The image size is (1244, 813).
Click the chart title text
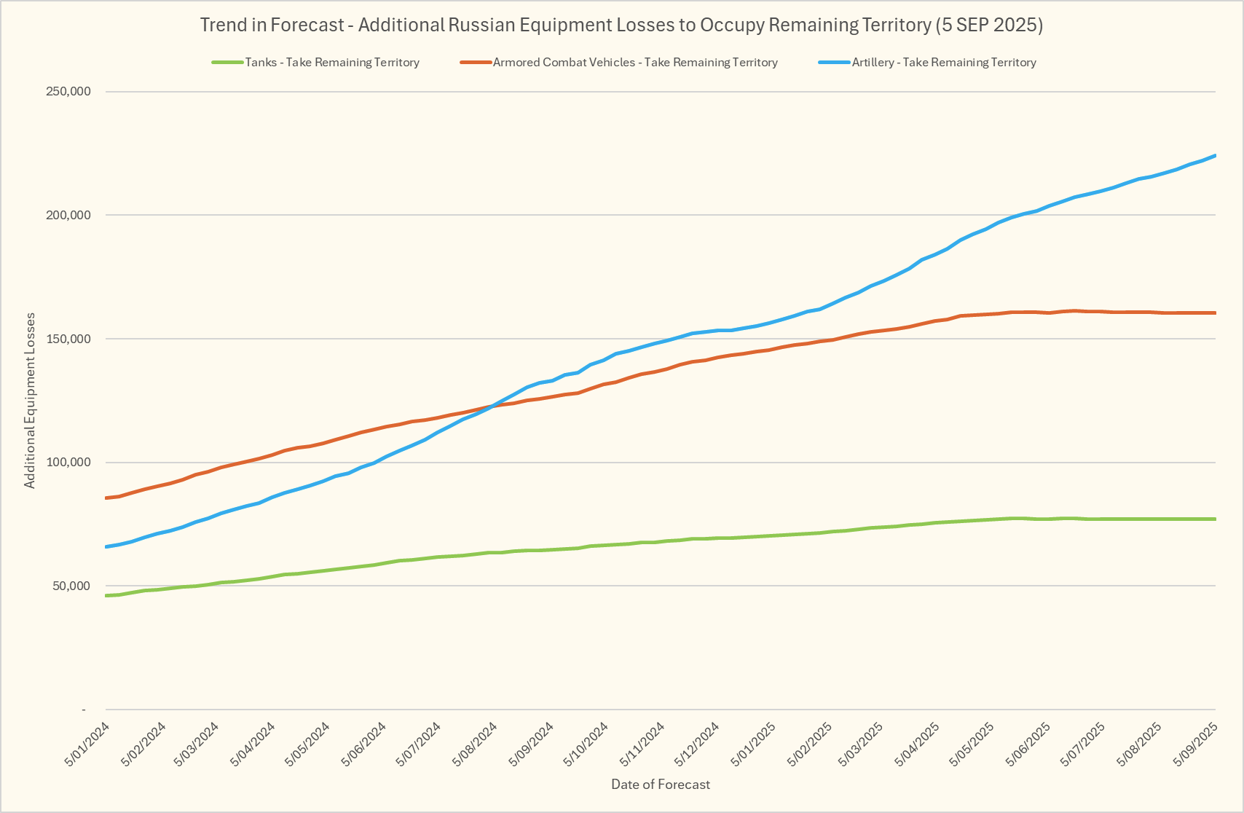(621, 25)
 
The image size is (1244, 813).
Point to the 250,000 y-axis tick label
(68, 91)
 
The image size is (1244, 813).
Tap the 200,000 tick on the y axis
(68, 215)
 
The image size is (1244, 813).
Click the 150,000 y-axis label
(68, 339)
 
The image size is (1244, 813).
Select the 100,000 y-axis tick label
(68, 463)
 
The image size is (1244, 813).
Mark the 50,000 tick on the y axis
(71, 586)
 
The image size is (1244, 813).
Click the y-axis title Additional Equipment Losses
(30, 400)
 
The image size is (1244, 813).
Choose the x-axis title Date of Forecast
(661, 785)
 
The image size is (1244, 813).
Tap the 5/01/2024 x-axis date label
(88, 744)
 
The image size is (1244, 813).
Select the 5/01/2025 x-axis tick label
(754, 744)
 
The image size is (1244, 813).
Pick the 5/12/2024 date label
(698, 744)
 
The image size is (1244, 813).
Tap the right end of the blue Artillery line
(1215, 156)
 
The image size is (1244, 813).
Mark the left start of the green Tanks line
(107, 596)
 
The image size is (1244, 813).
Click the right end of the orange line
(1215, 313)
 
